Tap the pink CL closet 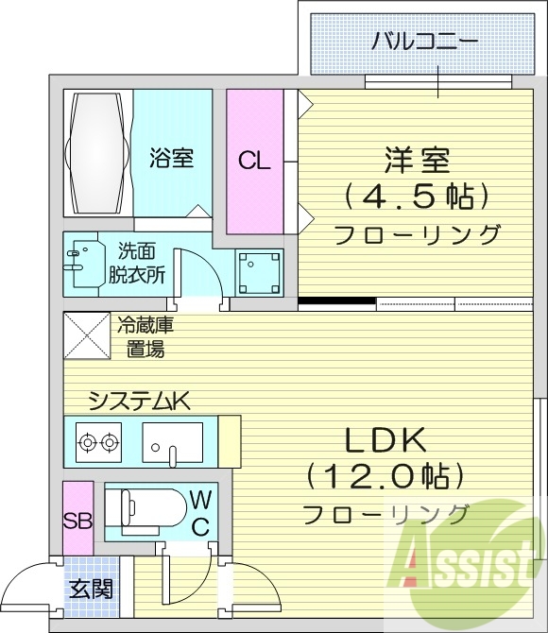(x=253, y=161)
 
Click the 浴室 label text (x=171, y=158)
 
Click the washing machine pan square (x=259, y=274)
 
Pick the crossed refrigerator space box (x=83, y=335)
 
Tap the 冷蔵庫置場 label (x=146, y=338)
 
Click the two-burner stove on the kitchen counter (x=98, y=441)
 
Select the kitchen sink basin (x=173, y=441)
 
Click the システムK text (x=139, y=402)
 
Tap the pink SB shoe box (x=77, y=519)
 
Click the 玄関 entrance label (x=91, y=590)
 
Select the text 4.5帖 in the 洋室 (x=417, y=197)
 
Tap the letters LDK (x=385, y=440)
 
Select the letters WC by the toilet (x=200, y=512)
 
